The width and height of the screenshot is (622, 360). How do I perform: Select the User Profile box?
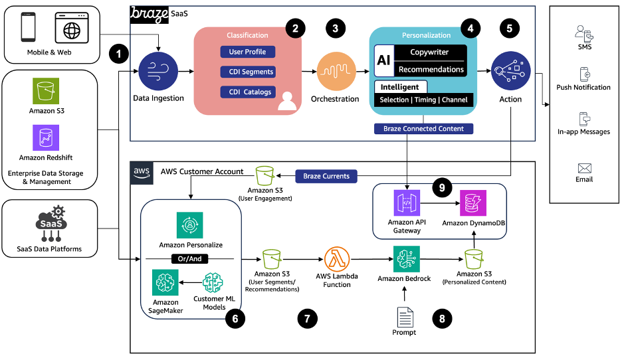[247, 52]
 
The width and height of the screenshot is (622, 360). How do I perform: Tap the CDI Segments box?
[247, 72]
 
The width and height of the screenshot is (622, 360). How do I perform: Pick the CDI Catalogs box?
[247, 92]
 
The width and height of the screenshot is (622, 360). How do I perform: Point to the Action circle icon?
[510, 72]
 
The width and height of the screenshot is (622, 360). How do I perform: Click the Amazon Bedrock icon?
[406, 258]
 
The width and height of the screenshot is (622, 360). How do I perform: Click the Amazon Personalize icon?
[190, 225]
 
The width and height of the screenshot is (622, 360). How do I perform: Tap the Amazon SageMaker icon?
[165, 283]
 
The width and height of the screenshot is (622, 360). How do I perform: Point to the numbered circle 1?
[120, 54]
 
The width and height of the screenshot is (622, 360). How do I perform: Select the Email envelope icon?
[584, 168]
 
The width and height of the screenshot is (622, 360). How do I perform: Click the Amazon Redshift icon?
[46, 138]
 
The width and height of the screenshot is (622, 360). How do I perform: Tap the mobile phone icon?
[29, 27]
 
